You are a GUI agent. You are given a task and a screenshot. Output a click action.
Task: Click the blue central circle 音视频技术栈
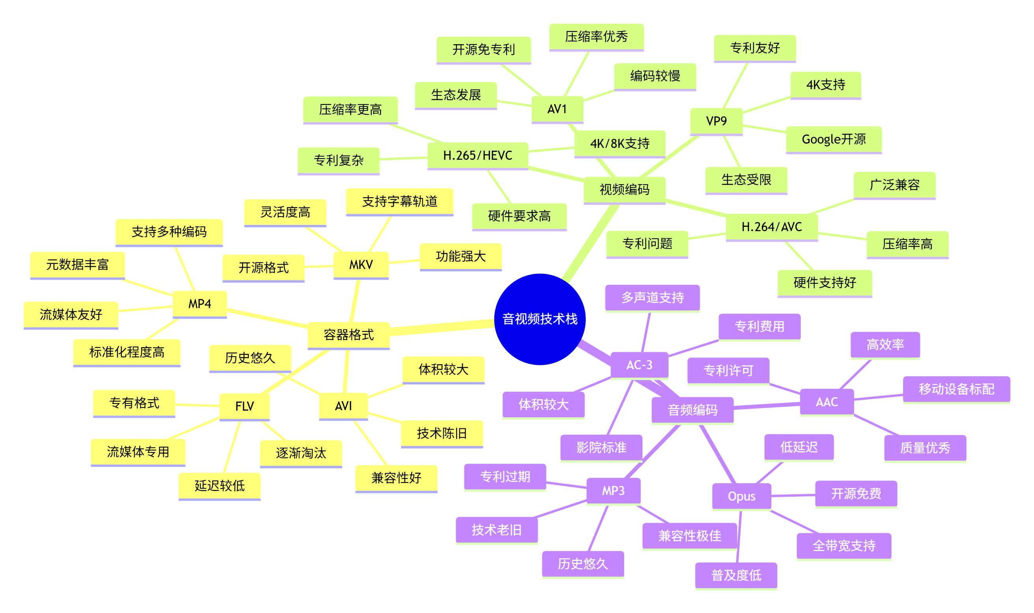[540, 319]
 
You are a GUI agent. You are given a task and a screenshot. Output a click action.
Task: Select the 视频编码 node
[624, 190]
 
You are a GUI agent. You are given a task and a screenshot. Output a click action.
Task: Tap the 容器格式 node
[349, 335]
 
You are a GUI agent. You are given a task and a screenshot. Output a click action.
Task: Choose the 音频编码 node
[692, 410]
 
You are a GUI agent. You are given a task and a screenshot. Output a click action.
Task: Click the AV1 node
[557, 109]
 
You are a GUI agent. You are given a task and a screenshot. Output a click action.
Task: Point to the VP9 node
[716, 121]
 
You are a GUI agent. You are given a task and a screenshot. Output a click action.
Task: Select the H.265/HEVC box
[477, 155]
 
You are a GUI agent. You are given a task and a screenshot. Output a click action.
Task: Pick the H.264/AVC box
[772, 227]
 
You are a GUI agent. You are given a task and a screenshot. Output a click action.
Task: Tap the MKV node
[361, 265]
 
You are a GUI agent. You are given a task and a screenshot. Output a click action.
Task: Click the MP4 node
[200, 304]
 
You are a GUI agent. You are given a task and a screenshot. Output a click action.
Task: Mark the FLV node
[245, 406]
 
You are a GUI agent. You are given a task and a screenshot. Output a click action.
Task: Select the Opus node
[742, 496]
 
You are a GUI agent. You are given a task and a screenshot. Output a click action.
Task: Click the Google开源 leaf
[834, 139]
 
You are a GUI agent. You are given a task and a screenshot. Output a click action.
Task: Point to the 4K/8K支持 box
[620, 143]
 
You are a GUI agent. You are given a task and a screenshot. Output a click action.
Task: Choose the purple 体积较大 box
[543, 404]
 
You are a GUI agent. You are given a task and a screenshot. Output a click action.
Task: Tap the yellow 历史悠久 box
[250, 358]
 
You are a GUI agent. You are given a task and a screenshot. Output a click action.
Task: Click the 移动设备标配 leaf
[956, 389]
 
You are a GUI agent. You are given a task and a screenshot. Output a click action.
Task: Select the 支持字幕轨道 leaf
[400, 202]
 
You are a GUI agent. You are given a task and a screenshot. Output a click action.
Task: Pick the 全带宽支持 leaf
[843, 546]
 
